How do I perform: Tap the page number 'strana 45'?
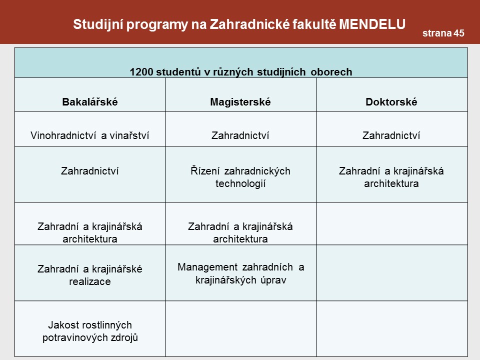coord(443,33)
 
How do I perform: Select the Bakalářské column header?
coord(90,102)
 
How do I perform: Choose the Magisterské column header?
coord(240,102)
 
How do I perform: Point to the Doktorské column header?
coord(391,102)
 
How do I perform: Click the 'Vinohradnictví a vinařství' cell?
coord(90,135)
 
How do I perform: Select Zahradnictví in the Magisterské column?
coord(240,135)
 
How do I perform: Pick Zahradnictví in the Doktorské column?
coord(391,135)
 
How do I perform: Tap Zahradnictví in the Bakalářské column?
coord(90,171)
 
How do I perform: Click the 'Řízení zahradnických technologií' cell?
coord(240,177)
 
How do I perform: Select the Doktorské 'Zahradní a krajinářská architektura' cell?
coord(391,177)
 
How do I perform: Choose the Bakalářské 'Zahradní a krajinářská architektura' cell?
coord(90,232)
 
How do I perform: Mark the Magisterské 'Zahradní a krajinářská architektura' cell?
coord(240,232)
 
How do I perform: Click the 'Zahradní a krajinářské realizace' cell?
coord(90,275)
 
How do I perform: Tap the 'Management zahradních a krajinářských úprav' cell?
coord(240,273)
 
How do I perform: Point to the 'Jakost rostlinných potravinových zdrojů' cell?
coord(90,331)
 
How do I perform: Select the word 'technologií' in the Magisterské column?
coord(240,183)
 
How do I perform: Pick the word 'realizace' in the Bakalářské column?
coord(90,281)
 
